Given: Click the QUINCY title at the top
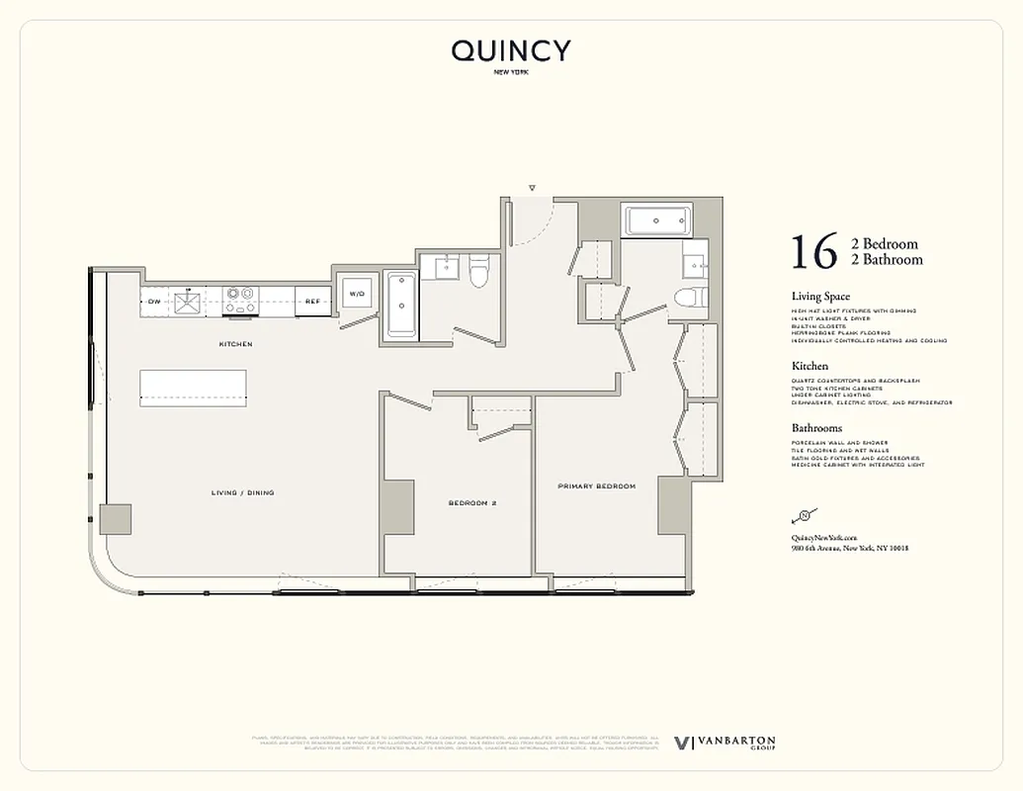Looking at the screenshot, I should click(x=511, y=51).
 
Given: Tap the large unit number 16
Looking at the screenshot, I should click(x=813, y=252).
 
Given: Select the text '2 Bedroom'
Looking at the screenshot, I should click(x=885, y=244).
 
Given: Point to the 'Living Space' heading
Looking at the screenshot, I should click(x=820, y=297).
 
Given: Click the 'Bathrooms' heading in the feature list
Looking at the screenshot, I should click(x=816, y=428).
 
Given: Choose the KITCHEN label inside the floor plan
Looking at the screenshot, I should click(x=235, y=344).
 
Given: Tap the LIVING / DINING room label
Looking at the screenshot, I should click(x=242, y=492).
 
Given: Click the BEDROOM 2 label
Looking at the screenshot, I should click(x=471, y=503).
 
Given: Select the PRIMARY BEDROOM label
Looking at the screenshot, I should click(x=596, y=486).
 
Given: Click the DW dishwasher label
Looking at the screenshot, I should click(x=154, y=301).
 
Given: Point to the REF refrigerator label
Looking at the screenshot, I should click(x=311, y=301).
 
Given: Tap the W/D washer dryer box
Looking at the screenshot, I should click(x=357, y=294).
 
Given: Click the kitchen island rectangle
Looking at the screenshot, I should click(x=193, y=387).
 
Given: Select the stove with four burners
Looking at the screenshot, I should click(x=240, y=300).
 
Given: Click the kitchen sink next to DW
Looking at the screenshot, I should click(x=187, y=301).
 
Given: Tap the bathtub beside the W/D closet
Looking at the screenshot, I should click(x=402, y=306).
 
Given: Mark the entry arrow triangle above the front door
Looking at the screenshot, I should click(x=532, y=187).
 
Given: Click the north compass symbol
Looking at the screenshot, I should click(x=804, y=515).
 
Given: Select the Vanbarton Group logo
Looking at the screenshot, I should click(x=725, y=744).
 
